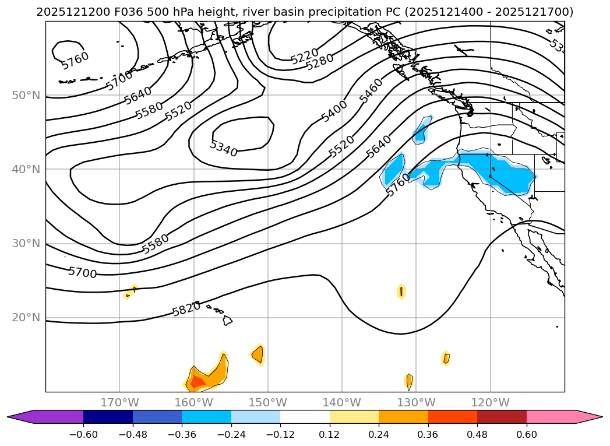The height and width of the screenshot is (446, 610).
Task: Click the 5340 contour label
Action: click(x=224, y=149)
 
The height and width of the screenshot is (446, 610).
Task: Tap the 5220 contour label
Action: click(x=304, y=56)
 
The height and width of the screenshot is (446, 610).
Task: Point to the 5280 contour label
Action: click(x=319, y=61)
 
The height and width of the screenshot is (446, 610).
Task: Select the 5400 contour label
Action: click(x=334, y=111)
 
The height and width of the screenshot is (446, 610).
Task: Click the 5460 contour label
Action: click(x=372, y=90)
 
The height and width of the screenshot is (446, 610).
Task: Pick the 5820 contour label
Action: click(x=186, y=309)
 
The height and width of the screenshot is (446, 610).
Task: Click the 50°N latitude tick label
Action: click(x=26, y=95)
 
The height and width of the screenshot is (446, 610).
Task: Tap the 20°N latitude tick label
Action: click(x=26, y=318)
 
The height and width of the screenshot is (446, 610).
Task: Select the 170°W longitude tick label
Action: click(x=119, y=402)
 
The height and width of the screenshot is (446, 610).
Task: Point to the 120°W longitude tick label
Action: click(x=490, y=402)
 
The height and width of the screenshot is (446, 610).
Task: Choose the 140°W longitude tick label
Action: click(x=342, y=402)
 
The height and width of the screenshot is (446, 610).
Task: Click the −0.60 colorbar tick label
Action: click(x=83, y=434)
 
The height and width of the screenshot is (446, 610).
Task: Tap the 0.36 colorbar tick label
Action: click(x=428, y=434)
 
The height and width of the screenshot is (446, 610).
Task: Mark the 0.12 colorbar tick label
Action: click(x=330, y=434)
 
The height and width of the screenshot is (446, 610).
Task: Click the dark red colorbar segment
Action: click(x=502, y=416)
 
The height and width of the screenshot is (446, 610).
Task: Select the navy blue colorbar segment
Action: click(x=108, y=416)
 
